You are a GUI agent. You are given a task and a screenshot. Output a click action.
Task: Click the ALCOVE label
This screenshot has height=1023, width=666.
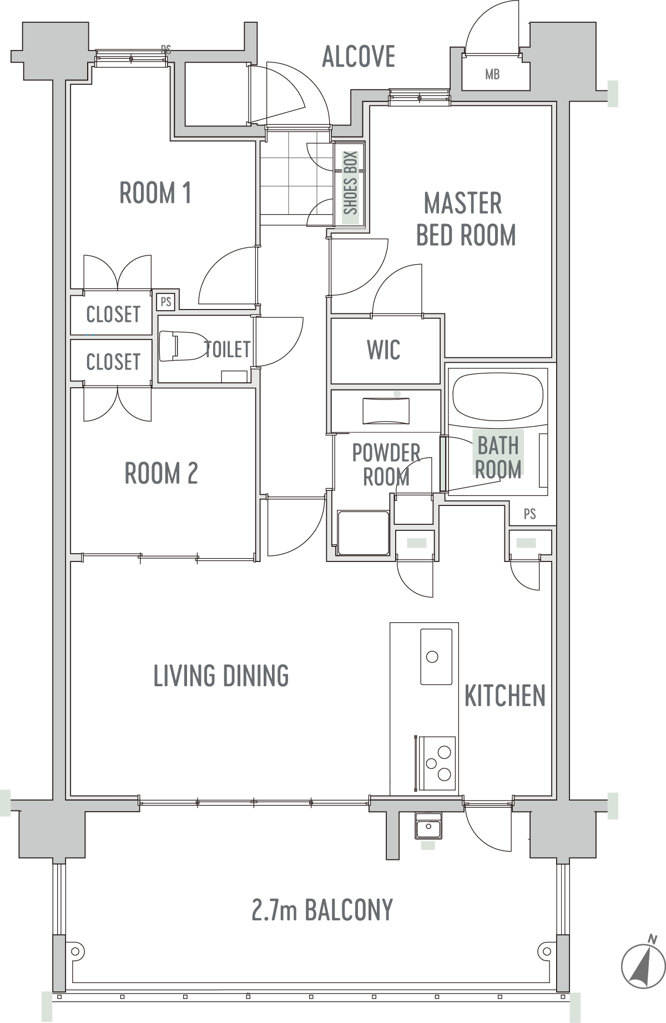[x=359, y=57]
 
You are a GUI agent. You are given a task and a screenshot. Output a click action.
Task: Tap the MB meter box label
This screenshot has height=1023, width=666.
[x=492, y=74]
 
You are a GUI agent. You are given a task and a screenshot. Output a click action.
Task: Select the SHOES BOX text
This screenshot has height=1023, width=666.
[x=350, y=183]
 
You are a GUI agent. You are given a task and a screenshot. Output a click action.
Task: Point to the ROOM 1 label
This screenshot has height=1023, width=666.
[x=155, y=193]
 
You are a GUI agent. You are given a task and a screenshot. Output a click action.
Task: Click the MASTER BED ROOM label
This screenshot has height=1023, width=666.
[x=466, y=219]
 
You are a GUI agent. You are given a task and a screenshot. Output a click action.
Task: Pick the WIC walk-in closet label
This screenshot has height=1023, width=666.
[x=384, y=350]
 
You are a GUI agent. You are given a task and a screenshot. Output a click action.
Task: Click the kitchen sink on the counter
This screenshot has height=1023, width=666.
[x=436, y=657]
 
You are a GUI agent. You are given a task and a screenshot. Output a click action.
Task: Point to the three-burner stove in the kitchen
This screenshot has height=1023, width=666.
[x=437, y=763]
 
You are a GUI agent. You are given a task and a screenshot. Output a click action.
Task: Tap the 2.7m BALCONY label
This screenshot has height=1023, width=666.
[x=322, y=910]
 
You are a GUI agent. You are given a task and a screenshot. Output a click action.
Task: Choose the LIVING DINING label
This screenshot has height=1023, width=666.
[x=221, y=676]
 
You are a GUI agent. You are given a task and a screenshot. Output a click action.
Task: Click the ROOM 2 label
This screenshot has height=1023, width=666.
[x=161, y=473]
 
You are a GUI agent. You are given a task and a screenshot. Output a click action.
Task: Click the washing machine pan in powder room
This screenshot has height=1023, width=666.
[x=363, y=533]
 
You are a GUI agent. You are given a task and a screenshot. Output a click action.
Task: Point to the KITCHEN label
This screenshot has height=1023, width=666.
[x=505, y=696]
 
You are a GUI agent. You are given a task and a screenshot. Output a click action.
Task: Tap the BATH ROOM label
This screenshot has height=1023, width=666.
[x=498, y=457]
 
